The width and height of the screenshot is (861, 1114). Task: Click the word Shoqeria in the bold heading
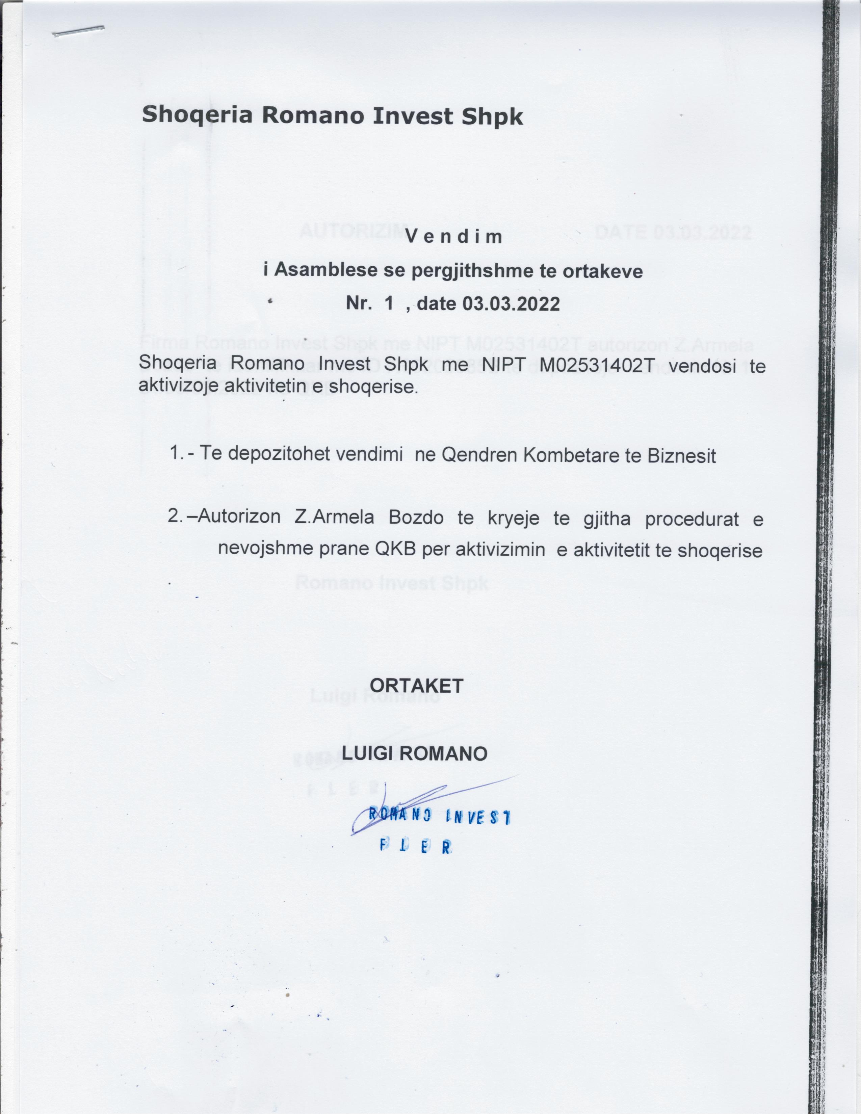click(x=197, y=115)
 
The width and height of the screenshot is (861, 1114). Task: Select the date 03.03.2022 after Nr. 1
click(x=511, y=304)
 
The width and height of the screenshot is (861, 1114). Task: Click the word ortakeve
click(x=602, y=271)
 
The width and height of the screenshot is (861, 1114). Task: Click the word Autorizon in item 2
click(x=239, y=517)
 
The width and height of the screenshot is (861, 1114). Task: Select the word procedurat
click(x=692, y=519)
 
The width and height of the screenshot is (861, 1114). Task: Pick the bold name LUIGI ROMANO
click(x=414, y=753)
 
